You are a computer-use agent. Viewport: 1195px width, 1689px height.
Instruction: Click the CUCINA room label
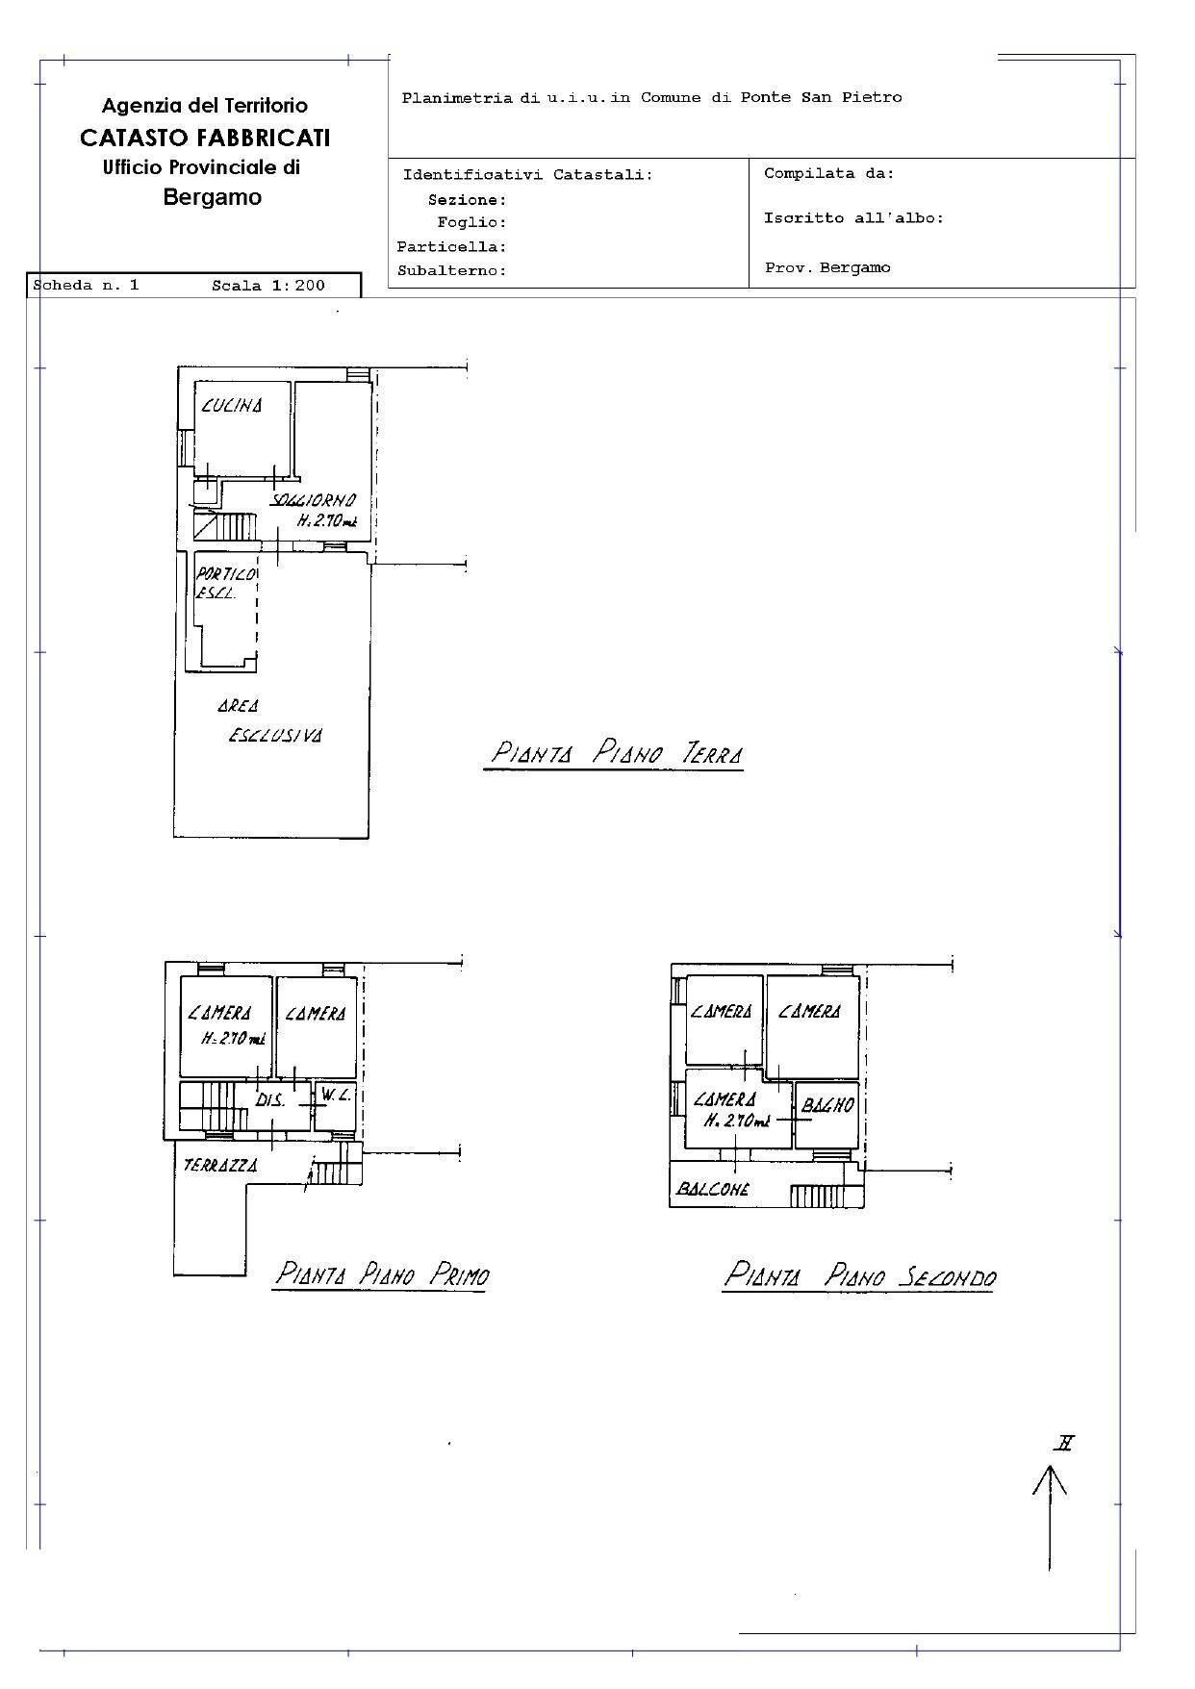[x=231, y=406]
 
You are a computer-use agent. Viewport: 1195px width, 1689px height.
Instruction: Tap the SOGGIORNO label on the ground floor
[x=314, y=501]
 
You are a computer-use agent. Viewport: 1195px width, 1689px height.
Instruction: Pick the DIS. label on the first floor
[x=270, y=1100]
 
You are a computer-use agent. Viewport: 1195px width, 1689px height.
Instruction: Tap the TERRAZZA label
[x=220, y=1165]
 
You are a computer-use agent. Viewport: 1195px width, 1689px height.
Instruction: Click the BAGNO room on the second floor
[x=827, y=1105]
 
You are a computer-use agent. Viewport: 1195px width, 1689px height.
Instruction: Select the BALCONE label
[x=713, y=1189]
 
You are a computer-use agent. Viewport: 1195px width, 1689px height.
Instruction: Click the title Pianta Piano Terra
[x=616, y=753]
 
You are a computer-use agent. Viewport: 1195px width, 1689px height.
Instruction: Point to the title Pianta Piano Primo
[x=381, y=1275]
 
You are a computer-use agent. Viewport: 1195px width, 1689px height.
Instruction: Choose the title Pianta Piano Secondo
[x=858, y=1276]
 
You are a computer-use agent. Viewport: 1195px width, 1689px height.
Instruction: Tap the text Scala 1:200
[x=268, y=286]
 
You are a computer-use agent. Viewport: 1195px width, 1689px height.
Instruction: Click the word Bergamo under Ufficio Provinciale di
[x=212, y=197]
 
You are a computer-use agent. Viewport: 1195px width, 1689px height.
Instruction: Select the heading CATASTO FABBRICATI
[x=205, y=138]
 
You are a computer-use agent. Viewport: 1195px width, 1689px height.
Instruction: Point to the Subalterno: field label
[x=451, y=271]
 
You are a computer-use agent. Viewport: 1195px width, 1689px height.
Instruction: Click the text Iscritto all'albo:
[x=853, y=218]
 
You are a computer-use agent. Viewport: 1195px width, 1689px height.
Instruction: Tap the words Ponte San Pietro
[x=821, y=97]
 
